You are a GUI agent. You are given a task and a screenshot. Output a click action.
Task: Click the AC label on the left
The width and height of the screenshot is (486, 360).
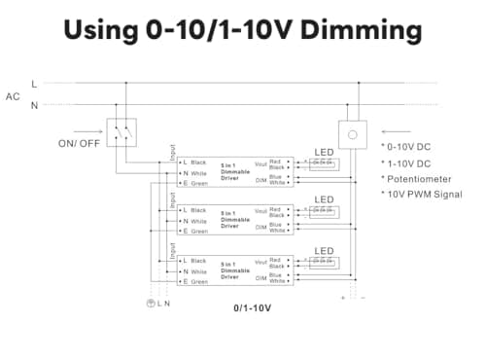[13, 95]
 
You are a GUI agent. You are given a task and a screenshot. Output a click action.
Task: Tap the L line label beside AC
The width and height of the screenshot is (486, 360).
[35, 85]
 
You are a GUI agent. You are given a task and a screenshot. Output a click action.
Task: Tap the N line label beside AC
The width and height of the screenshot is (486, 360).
[35, 105]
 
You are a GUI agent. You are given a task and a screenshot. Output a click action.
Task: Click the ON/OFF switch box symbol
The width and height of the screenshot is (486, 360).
[121, 133]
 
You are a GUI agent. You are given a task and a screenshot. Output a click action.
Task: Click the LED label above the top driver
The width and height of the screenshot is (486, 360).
[324, 152]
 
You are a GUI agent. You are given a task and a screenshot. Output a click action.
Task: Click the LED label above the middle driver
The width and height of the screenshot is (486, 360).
[324, 200]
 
